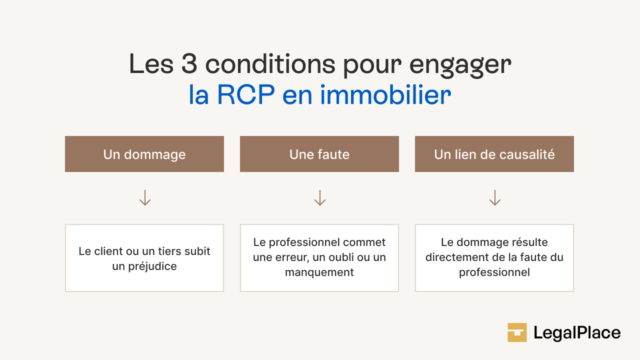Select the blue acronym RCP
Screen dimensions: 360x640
tap(245, 95)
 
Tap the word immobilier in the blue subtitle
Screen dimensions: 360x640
tap(385, 95)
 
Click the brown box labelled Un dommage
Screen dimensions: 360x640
tap(144, 154)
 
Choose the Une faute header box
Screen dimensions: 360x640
tap(319, 154)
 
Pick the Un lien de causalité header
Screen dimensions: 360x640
tap(494, 154)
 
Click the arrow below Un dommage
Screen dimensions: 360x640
tap(145, 198)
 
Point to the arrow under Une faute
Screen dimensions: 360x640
tap(320, 198)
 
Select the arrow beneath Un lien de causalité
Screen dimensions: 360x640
tap(495, 198)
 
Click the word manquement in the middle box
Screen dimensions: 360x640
tap(319, 272)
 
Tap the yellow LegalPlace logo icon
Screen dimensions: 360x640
tap(517, 332)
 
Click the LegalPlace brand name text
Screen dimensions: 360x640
tap(577, 333)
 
